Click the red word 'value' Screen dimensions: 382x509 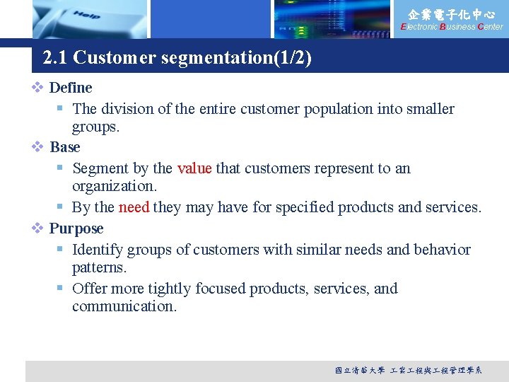[x=194, y=168]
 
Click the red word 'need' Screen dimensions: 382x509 [x=134, y=207]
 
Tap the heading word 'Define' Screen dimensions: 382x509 [x=71, y=88]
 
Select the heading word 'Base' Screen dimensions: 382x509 [x=65, y=147]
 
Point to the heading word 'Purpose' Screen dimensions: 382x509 [x=76, y=228]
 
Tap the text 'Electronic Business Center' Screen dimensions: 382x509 [x=452, y=27]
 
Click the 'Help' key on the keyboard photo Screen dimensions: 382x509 [x=86, y=15]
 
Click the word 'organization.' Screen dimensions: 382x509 [x=115, y=186]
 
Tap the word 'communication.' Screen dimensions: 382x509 [x=124, y=306]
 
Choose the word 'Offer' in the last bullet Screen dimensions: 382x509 [x=90, y=289]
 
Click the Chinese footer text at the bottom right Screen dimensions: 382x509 [x=409, y=370]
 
